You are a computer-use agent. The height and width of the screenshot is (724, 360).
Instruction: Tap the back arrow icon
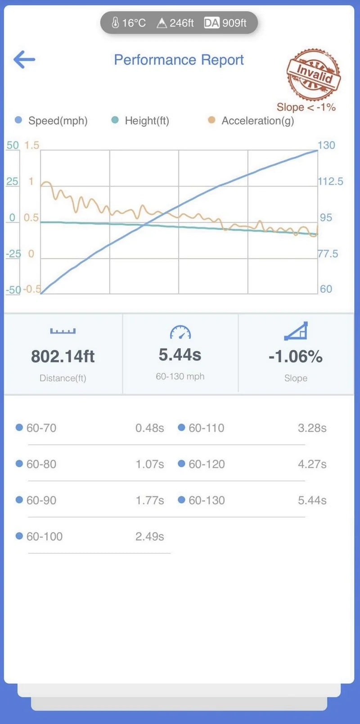click(24, 59)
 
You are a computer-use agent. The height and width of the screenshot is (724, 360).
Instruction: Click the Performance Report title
click(179, 60)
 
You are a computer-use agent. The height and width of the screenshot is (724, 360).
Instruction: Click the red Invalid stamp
click(314, 74)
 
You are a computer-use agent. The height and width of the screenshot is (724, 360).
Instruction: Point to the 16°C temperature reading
click(129, 23)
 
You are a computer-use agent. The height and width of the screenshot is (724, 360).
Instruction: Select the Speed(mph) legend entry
click(58, 121)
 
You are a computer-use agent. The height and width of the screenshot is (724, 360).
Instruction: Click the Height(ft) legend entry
click(147, 121)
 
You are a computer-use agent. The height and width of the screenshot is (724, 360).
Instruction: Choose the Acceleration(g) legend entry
click(257, 121)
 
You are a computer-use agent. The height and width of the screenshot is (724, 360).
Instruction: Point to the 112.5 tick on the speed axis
click(330, 181)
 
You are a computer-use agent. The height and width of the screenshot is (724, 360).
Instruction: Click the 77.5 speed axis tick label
click(328, 254)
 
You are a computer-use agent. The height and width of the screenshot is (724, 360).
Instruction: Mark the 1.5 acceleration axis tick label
click(31, 145)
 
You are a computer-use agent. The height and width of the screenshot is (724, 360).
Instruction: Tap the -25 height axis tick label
click(13, 254)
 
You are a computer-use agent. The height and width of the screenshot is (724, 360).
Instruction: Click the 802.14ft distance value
click(63, 357)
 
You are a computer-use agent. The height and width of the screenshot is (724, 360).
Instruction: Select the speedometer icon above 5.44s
click(180, 332)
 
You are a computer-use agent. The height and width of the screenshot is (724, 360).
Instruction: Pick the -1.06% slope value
click(296, 357)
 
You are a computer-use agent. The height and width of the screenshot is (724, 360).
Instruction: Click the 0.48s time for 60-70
click(149, 428)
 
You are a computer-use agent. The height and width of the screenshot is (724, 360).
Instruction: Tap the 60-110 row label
click(206, 428)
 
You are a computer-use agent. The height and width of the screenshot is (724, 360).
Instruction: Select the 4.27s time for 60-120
click(312, 464)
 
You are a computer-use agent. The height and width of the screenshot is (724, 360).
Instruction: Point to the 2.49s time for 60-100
click(149, 536)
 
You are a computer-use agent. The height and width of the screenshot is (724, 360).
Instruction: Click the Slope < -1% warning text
click(306, 107)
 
